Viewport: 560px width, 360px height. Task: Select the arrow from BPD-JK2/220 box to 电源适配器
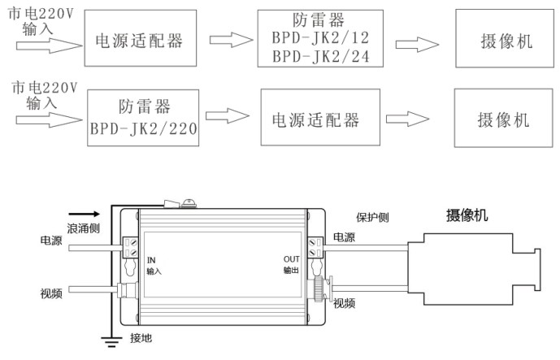pyautogui.click(x=226, y=116)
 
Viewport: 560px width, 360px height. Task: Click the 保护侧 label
pyautogui.click(x=374, y=218)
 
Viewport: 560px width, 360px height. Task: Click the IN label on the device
pyautogui.click(x=151, y=259)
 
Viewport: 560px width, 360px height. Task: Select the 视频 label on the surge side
pyautogui.click(x=52, y=293)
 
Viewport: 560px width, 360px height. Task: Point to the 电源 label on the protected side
pyautogui.click(x=344, y=237)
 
